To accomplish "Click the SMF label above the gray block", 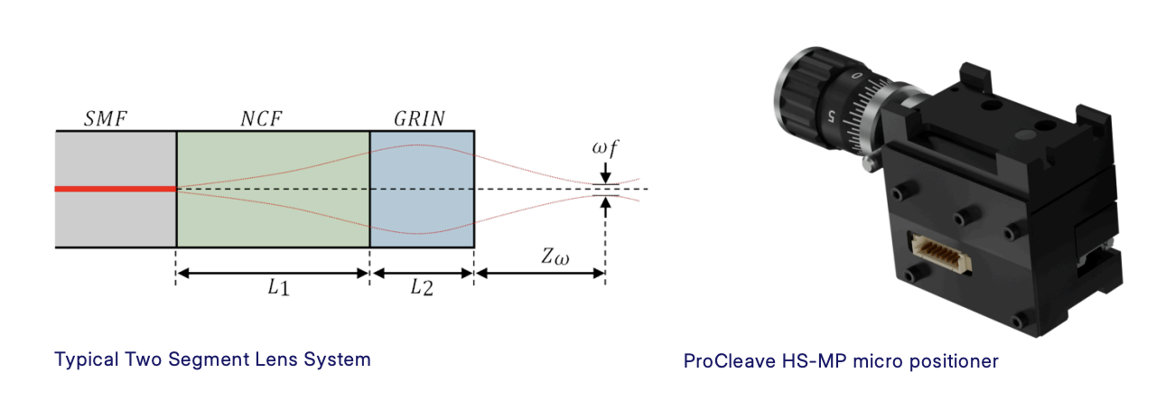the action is pyautogui.click(x=106, y=119).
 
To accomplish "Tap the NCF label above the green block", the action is pyautogui.click(x=261, y=119).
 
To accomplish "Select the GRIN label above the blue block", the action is pyautogui.click(x=419, y=119).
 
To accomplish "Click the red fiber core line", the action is pyautogui.click(x=116, y=189).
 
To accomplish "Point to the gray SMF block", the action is pyautogui.click(x=116, y=190).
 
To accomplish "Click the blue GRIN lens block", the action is pyautogui.click(x=422, y=190).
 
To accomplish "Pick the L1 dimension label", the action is pyautogui.click(x=279, y=287).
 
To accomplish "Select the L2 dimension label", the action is pyautogui.click(x=422, y=287).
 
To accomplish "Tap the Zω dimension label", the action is pyautogui.click(x=555, y=256).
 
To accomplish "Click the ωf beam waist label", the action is pyautogui.click(x=605, y=149).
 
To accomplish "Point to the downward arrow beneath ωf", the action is pyautogui.click(x=606, y=173).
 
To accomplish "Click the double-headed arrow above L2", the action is pyautogui.click(x=422, y=273).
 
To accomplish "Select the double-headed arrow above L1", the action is pyautogui.click(x=273, y=273).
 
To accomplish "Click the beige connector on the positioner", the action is pyautogui.click(x=941, y=253).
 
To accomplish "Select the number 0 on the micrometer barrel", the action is pyautogui.click(x=857, y=75).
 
